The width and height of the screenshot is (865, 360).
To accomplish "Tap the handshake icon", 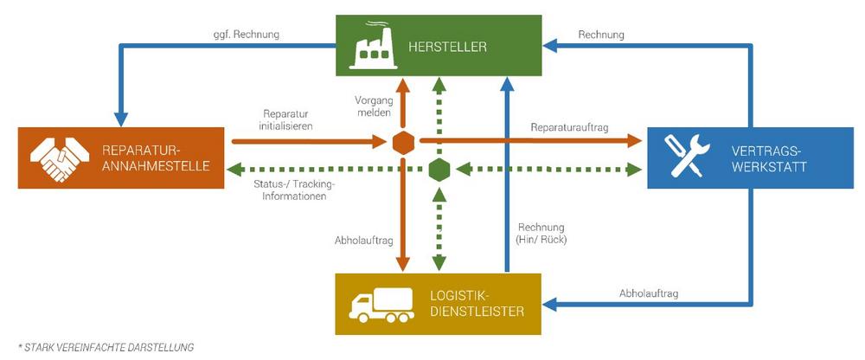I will pyautogui.click(x=58, y=157).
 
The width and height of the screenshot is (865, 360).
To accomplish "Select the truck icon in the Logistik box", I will pyautogui.click(x=379, y=305).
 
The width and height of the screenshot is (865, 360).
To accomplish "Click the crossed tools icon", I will pyautogui.click(x=683, y=157).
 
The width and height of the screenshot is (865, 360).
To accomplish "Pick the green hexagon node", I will pyautogui.click(x=439, y=169).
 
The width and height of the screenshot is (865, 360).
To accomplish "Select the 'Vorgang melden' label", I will pyautogui.click(x=374, y=106).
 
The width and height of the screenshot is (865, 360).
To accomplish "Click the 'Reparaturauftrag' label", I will pyautogui.click(x=569, y=127).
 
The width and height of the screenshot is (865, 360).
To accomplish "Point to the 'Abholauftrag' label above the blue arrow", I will pyautogui.click(x=649, y=294).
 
